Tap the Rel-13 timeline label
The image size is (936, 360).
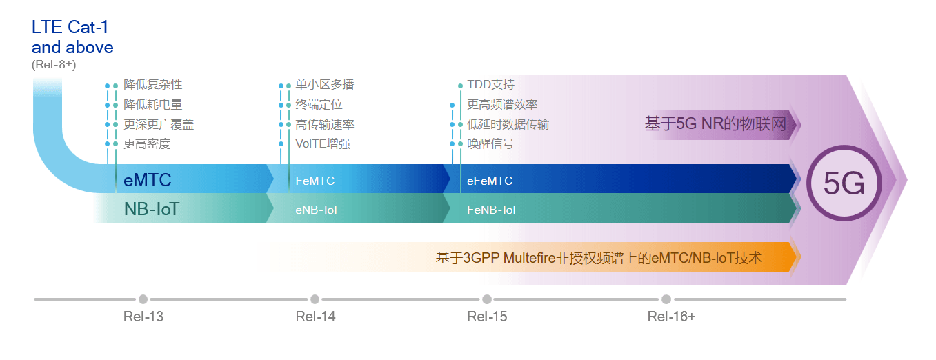[143, 317]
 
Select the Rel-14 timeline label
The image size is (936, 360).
[315, 317]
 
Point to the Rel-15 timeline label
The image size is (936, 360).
[487, 317]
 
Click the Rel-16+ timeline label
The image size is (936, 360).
[671, 317]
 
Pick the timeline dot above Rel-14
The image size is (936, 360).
[315, 299]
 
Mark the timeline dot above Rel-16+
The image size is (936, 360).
[666, 299]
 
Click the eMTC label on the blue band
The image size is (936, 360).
[148, 181]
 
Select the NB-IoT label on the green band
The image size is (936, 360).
[151, 209]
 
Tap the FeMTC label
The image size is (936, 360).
[315, 181]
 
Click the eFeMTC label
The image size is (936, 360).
[490, 181]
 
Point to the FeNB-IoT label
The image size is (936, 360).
[492, 210]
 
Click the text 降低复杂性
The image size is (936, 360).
[153, 85]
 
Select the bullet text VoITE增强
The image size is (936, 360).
[323, 143]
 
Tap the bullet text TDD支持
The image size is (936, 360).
[490, 85]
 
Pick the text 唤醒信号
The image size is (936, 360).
[490, 143]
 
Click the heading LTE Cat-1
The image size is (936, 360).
[70, 28]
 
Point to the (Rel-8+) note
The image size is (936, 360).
[54, 65]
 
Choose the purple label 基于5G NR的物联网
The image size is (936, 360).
[715, 124]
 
